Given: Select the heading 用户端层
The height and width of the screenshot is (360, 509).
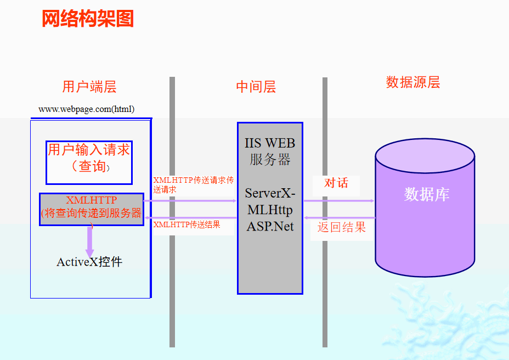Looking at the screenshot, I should tap(89, 87).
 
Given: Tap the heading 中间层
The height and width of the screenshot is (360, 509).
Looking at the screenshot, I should tap(256, 87).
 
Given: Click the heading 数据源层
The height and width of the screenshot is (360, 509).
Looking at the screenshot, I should tap(413, 82).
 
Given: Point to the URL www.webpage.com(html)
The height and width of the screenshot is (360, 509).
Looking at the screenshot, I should tap(87, 109).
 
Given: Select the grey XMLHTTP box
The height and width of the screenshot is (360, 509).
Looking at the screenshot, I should tap(91, 209).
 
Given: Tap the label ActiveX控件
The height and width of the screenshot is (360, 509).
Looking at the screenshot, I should tap(89, 262).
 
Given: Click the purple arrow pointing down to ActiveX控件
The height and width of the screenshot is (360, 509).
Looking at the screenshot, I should tap(89, 239).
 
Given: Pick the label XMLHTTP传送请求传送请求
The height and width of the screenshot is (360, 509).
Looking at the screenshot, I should tap(193, 184).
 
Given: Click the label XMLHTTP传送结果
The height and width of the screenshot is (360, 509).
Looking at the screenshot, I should tap(186, 224).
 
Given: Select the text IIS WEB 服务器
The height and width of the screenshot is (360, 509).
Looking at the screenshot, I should tap(270, 151).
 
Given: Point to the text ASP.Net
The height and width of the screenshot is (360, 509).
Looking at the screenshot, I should tap(270, 226).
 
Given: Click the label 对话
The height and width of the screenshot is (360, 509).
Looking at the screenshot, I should tap(336, 183).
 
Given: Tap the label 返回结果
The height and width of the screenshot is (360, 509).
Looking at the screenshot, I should tap(341, 227).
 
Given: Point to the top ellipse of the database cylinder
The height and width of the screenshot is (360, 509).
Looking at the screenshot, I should tap(425, 156).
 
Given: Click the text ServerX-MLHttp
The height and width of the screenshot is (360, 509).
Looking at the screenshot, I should tap(270, 201).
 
